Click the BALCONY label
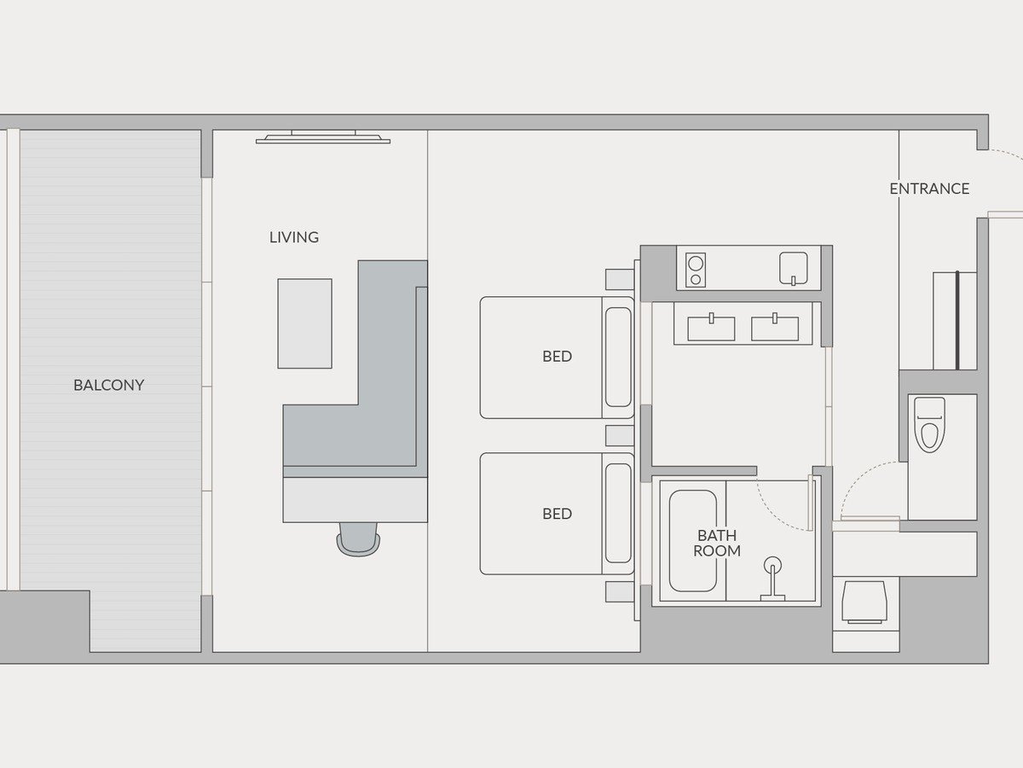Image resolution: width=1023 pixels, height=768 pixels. click(x=108, y=385)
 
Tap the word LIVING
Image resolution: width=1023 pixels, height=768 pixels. click(x=294, y=237)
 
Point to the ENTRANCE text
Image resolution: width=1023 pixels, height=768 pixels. click(x=929, y=189)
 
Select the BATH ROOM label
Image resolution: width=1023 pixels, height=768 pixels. click(x=717, y=543)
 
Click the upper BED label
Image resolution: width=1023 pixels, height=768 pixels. click(x=557, y=356)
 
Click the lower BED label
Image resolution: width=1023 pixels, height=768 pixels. click(x=557, y=514)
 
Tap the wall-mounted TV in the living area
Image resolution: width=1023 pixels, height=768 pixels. click(x=323, y=137)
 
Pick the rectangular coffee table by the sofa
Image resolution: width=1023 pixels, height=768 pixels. click(x=305, y=323)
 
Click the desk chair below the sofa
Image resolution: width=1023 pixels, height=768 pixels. click(x=358, y=539)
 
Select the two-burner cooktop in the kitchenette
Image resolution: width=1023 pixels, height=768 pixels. click(x=696, y=270)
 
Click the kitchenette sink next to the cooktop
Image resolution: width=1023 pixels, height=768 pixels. click(x=793, y=268)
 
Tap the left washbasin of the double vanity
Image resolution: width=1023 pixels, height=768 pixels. click(x=711, y=328)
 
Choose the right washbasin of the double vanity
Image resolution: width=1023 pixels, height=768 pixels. click(x=775, y=328)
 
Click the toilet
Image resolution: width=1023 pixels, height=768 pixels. click(x=929, y=424)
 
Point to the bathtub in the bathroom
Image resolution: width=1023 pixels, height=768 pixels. click(x=693, y=541)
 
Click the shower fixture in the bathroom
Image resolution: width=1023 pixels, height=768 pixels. click(x=772, y=579)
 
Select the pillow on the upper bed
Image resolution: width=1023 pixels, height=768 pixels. click(x=618, y=358)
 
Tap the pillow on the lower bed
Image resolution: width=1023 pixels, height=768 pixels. click(x=618, y=514)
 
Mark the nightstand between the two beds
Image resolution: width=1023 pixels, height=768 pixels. click(x=620, y=435)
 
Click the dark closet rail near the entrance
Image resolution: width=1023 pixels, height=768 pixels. click(x=957, y=320)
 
